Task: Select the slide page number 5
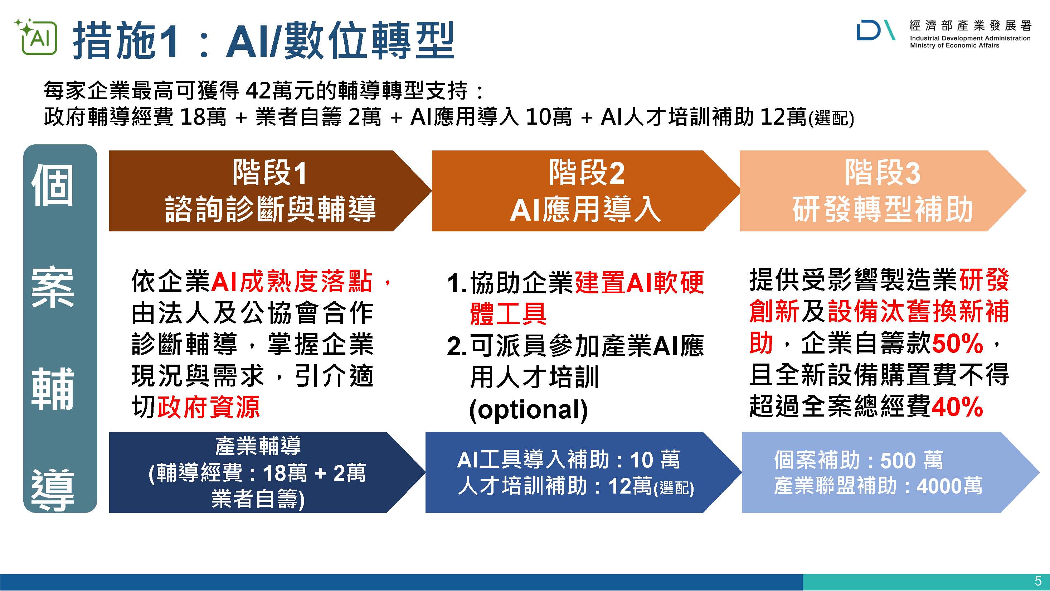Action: click(x=1038, y=580)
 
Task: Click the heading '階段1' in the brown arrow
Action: click(x=269, y=173)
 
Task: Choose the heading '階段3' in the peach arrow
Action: click(x=883, y=173)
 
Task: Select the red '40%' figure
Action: click(x=957, y=407)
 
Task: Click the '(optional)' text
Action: click(x=529, y=409)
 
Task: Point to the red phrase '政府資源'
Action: click(x=209, y=407)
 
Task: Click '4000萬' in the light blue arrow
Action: click(x=949, y=486)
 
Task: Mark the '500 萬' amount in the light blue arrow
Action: click(x=912, y=460)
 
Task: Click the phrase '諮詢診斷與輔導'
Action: click(x=270, y=209)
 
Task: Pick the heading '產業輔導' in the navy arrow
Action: click(x=258, y=446)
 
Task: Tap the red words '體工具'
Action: click(x=508, y=314)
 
